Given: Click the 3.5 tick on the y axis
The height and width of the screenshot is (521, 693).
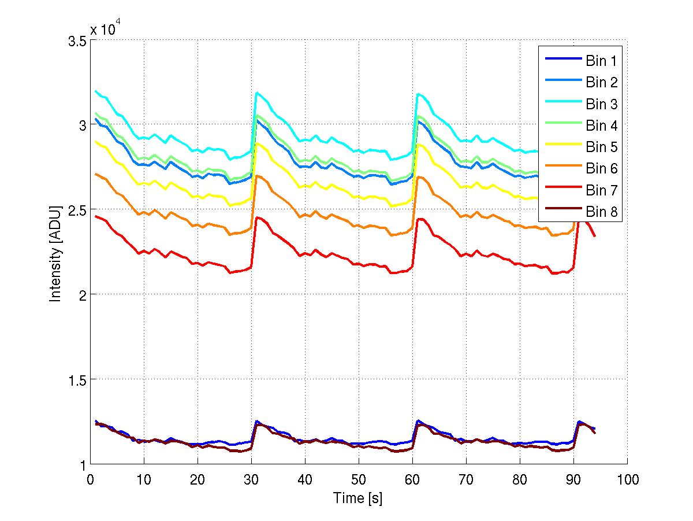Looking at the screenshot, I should coord(77,42).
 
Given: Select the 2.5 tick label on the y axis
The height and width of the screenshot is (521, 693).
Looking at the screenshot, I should coord(77,210).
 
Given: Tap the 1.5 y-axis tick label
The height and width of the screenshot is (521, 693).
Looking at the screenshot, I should coord(77,379).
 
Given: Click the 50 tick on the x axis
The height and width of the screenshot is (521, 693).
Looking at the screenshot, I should coord(359,479).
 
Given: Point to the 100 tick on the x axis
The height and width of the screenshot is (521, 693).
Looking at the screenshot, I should coord(627,479).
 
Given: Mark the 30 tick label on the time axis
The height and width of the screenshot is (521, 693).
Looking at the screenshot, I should coord(251,479).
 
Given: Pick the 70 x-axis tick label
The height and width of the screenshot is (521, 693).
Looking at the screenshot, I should coord(466,479).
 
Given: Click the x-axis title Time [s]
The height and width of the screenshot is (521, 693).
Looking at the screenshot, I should coord(358,498).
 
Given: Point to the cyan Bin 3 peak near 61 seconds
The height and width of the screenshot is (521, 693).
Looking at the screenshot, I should coord(418,94).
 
